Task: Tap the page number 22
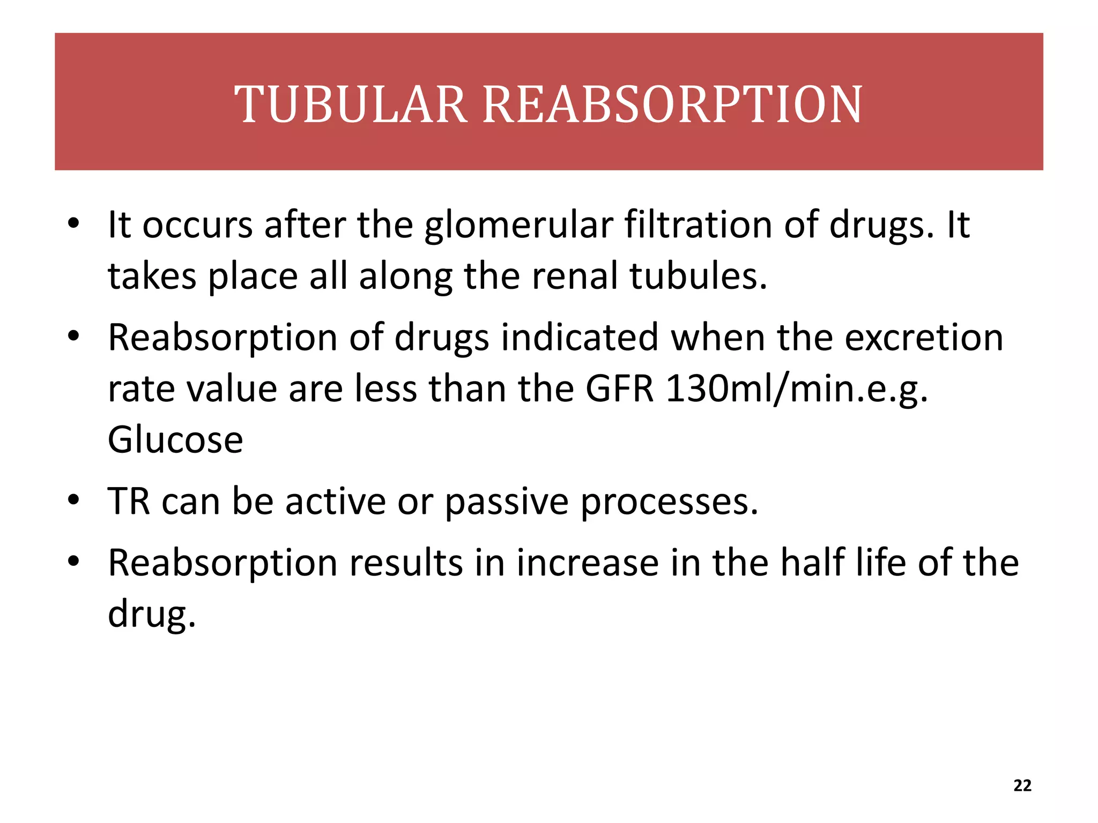[x=1022, y=785]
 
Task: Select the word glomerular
[x=518, y=226]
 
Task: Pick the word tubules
[x=698, y=276]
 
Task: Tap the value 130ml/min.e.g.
[x=797, y=390]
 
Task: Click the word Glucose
[x=175, y=440]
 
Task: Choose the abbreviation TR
[x=129, y=502]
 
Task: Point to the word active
[x=335, y=502]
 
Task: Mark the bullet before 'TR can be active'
[x=73, y=500]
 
